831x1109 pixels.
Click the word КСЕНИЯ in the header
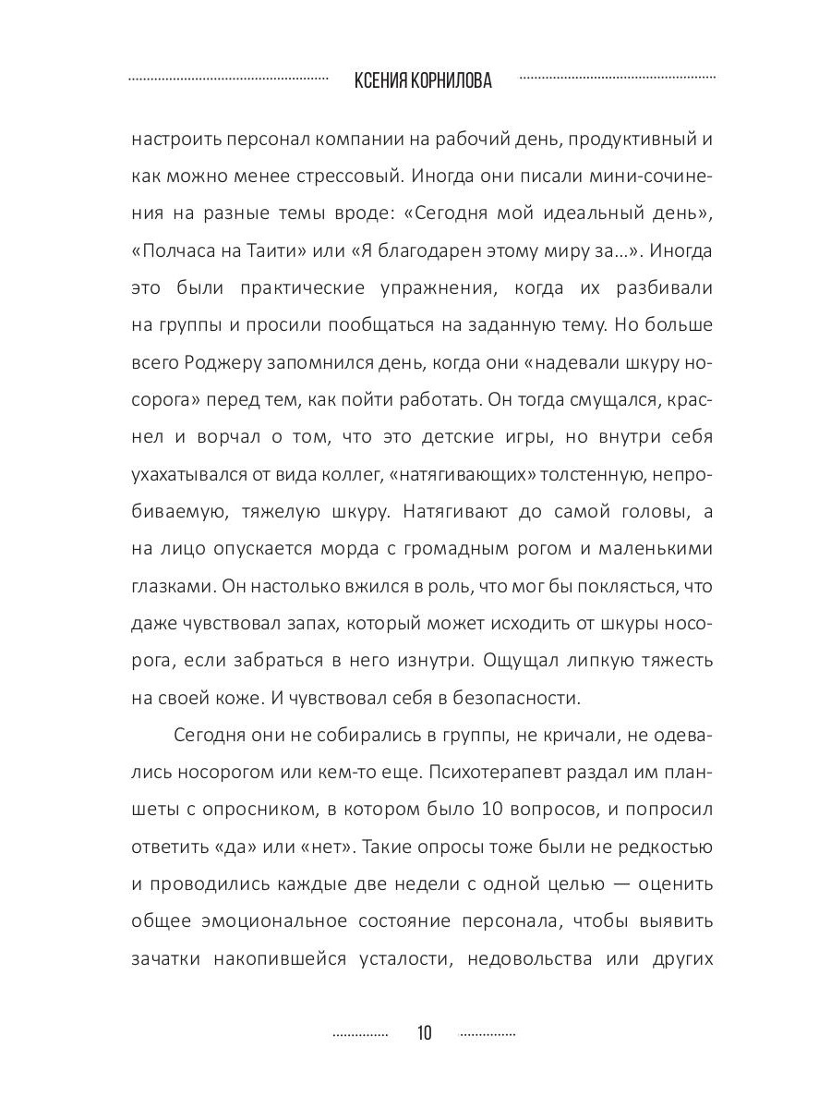[382, 81]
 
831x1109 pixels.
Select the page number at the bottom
[424, 1032]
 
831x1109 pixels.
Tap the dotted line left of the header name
[228, 79]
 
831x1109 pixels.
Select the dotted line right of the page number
[488, 1034]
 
